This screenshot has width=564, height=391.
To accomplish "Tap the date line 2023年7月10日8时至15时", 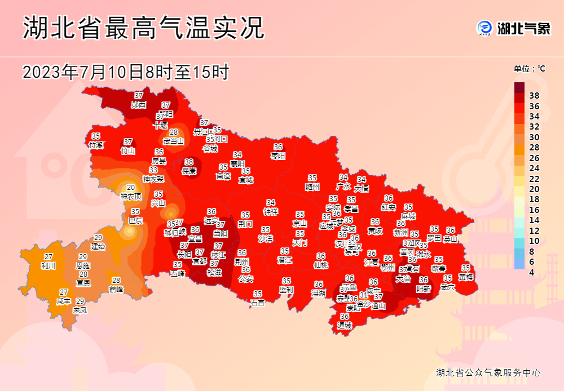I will [126, 73].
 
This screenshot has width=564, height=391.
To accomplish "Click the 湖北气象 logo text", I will [523, 28].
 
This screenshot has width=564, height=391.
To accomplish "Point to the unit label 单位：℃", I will [529, 69].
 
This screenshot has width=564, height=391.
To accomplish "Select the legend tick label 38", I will [535, 96].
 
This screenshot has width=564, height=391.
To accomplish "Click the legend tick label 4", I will [532, 273].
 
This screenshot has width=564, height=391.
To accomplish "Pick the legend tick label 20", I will [535, 189].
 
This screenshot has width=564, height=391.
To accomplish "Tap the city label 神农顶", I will [131, 197].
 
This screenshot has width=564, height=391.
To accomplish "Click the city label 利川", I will [49, 265].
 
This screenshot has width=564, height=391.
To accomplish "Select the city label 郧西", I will [139, 104].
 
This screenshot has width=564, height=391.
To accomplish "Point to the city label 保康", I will [189, 170].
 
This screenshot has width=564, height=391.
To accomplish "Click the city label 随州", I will [312, 186].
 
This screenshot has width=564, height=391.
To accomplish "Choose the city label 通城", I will [345, 325].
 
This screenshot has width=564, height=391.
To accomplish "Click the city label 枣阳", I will [278, 155].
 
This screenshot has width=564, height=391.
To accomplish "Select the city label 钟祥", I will [271, 211].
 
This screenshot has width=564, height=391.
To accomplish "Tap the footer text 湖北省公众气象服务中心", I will [488, 372].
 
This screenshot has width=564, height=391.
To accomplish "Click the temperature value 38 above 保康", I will [189, 162].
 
